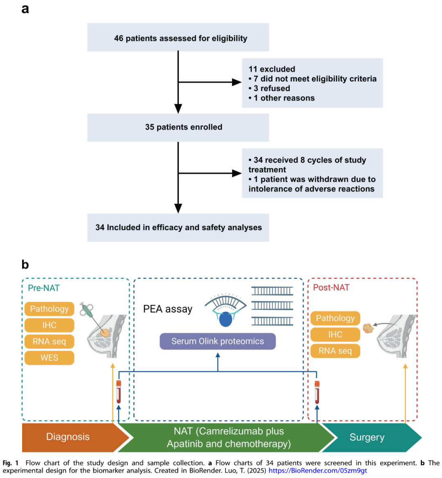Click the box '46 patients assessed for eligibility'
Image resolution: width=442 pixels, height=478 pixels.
coord(178,37)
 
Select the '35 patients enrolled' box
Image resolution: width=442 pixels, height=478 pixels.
coord(178,127)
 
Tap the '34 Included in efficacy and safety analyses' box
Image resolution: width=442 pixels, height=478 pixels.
coord(178,228)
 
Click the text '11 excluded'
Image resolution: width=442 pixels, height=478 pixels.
coord(272,69)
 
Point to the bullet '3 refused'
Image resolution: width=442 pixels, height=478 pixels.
coord(269,88)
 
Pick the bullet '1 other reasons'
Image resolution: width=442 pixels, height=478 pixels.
coord(281,98)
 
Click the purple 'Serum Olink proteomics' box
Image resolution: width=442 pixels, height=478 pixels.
coord(218,341)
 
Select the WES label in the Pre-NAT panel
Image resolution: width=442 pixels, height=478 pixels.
coord(50,358)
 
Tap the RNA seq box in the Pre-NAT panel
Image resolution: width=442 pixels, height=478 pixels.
coord(50,341)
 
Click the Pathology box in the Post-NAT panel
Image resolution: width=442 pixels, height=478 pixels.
coord(335,318)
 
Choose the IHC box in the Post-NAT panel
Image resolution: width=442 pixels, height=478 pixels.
coord(335,334)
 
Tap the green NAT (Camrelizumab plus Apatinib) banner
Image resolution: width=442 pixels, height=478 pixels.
coord(228,437)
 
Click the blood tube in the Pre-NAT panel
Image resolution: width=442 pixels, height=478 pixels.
coord(119,392)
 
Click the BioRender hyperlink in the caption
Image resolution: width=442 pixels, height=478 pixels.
coord(318,471)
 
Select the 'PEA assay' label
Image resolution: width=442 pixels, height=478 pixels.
coord(168,309)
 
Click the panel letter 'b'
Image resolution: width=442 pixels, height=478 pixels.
coord(25,264)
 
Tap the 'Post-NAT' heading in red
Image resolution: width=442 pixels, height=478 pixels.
coord(331,287)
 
